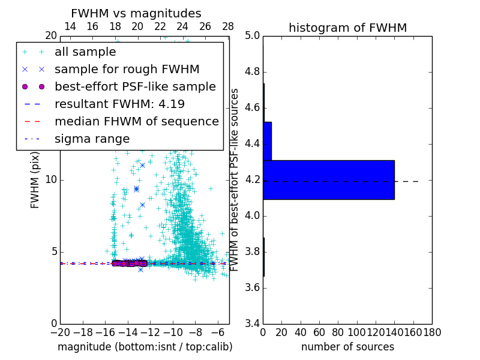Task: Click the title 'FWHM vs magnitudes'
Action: pos(136,13)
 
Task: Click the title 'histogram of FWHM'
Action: pos(347,28)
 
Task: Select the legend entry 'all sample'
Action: pos(85,52)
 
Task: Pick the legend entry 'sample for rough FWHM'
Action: pos(127,69)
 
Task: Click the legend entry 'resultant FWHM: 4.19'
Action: pos(119,104)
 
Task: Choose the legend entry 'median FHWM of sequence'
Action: pos(136,121)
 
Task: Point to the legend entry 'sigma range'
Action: pos(92,139)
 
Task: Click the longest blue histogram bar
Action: pos(329,179)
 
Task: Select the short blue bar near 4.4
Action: pos(267,141)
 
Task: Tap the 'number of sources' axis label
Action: pos(347,347)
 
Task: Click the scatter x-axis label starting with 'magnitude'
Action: pos(145,347)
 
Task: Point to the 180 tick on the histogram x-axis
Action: pos(432,332)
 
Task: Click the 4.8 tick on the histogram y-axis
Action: pos(252,72)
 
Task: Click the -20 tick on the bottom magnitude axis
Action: pos(60,332)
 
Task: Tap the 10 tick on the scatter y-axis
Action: pos(50,180)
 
